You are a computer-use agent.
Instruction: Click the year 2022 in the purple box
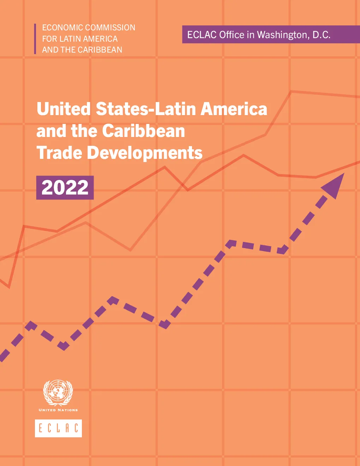tap(65, 187)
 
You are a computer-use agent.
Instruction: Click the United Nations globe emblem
tap(58, 393)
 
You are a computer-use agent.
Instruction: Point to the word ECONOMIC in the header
tap(62, 28)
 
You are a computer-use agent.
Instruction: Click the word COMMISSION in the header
tap(110, 28)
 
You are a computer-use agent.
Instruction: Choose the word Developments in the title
tap(145, 153)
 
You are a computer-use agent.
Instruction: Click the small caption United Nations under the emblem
tap(58, 410)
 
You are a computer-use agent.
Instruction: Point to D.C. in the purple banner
tap(322, 35)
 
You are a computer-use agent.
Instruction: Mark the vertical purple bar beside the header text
tap(35, 38)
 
